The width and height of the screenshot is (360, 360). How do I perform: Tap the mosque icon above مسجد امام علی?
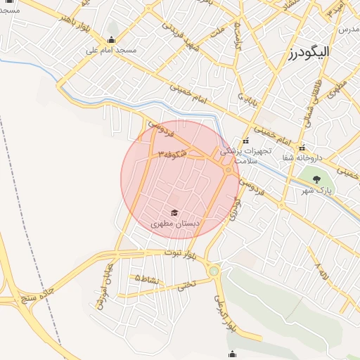(111, 39)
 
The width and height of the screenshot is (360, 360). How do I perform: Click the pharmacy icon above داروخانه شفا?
(302, 148)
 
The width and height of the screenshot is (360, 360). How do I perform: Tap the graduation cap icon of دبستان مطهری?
(174, 212)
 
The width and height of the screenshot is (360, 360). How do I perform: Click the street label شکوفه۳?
(172, 153)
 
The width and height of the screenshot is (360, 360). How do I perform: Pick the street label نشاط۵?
(147, 279)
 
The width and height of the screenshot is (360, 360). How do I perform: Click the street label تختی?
(186, 285)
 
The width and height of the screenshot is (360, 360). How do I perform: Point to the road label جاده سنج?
(38, 294)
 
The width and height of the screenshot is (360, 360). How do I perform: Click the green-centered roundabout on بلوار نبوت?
(214, 270)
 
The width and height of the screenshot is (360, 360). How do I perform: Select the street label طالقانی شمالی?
(309, 106)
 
